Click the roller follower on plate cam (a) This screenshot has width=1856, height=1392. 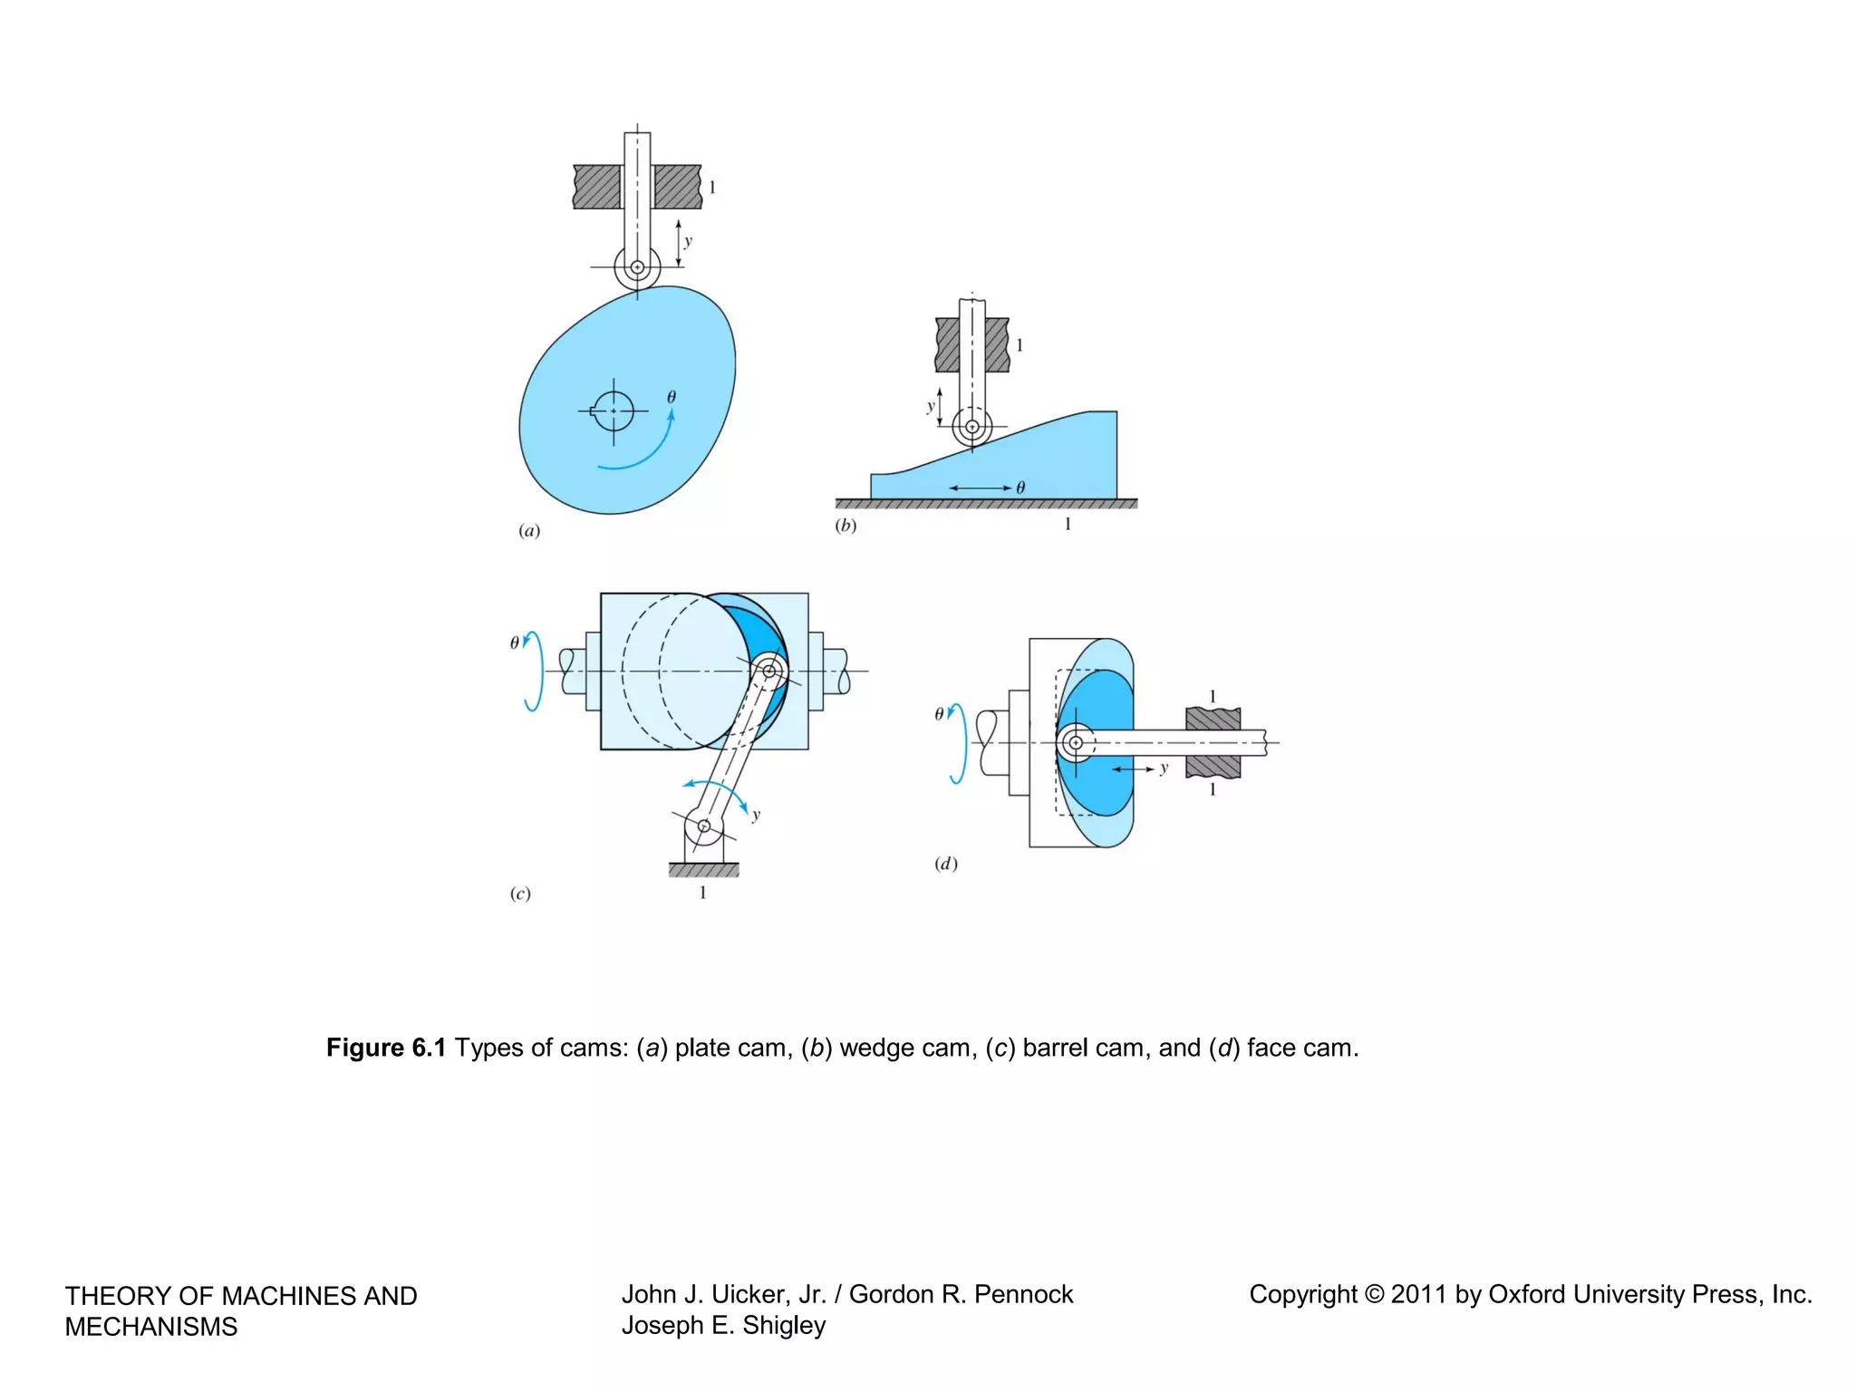point(637,267)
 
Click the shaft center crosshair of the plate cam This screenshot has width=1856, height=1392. point(614,411)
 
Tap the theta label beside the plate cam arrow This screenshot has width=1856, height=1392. point(672,397)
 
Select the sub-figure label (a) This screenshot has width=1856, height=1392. point(529,531)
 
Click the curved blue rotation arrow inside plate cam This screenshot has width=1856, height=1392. point(646,453)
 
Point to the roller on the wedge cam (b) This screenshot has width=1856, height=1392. point(972,426)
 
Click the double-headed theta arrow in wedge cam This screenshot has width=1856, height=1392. point(980,488)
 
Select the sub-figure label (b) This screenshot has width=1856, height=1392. point(846,526)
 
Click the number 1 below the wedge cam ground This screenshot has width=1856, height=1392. point(1068,524)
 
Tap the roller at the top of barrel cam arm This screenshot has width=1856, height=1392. point(769,671)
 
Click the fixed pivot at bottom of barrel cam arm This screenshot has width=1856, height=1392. point(703,826)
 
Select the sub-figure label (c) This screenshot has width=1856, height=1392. point(520,894)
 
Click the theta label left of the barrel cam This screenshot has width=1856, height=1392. point(515,643)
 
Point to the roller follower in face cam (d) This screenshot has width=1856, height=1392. point(1076,743)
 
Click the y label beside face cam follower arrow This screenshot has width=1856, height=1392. point(1164,768)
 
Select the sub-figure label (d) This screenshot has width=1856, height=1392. point(946,864)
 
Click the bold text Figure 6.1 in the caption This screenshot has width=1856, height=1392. point(386,1048)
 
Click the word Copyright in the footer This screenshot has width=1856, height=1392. point(1302,1294)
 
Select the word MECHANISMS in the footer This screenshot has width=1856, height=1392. point(151,1327)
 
